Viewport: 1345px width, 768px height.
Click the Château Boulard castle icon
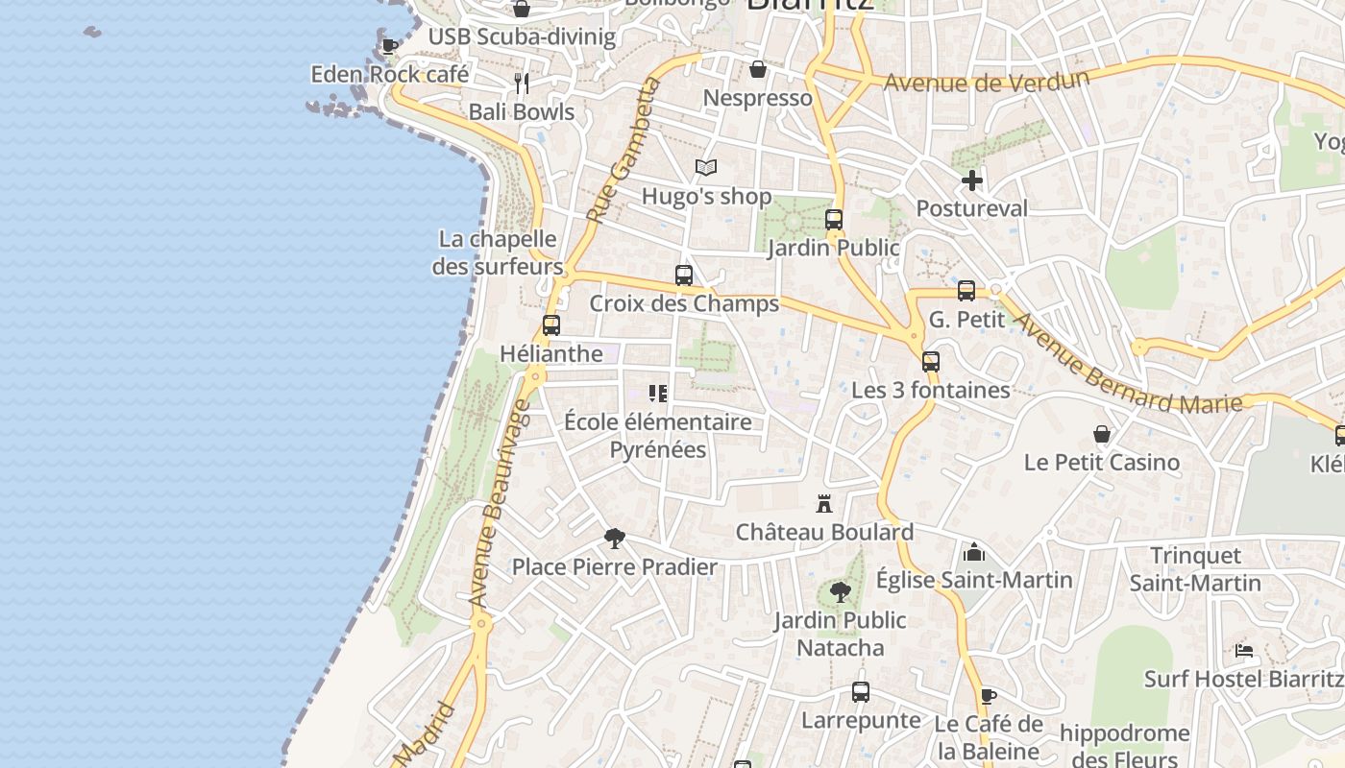[x=823, y=503]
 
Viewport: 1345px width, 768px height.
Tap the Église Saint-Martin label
[x=974, y=580]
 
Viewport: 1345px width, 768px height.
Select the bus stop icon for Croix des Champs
[x=684, y=276]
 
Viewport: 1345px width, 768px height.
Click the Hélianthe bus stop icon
[x=551, y=325]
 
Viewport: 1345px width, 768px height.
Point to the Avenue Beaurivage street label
[x=499, y=504]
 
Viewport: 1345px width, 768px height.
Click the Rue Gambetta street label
[x=625, y=151]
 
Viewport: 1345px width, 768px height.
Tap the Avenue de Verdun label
[x=986, y=81]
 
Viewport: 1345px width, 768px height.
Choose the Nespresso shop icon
[x=758, y=69]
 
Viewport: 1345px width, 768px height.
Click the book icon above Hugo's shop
[x=706, y=168]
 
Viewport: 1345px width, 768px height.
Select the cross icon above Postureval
[x=972, y=180]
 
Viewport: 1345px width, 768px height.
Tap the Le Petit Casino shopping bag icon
[x=1102, y=435]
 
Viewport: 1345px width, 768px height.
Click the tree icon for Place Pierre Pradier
[x=615, y=539]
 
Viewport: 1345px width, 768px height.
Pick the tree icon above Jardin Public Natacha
[x=841, y=592]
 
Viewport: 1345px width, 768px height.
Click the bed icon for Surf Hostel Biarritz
[x=1244, y=651]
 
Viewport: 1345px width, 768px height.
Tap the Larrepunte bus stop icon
[x=861, y=692]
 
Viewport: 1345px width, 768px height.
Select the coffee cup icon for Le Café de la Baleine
[x=989, y=696]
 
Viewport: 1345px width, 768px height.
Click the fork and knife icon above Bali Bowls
[x=522, y=84]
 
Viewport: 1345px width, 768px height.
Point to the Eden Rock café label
[x=390, y=74]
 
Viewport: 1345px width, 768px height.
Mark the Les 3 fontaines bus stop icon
[x=931, y=362]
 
